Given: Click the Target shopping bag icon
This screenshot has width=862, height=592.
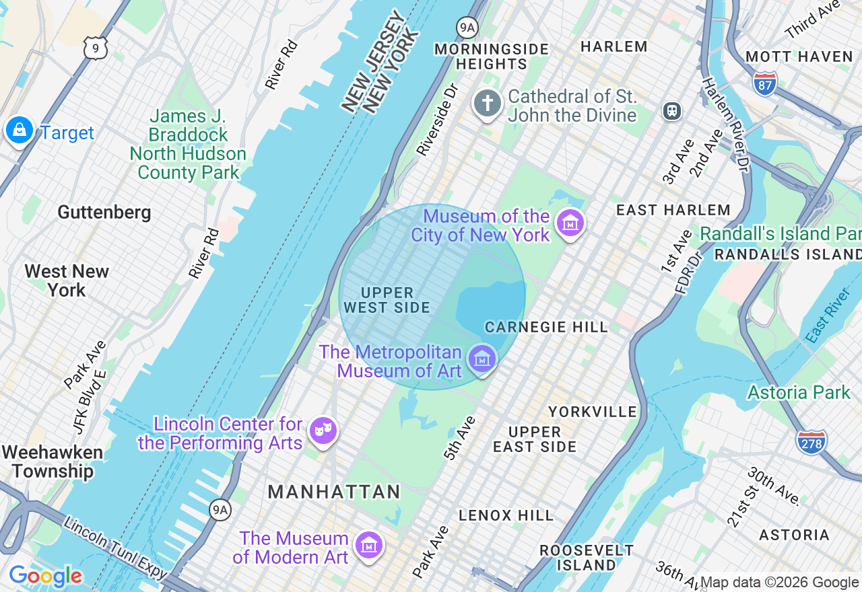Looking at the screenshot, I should (x=19, y=130).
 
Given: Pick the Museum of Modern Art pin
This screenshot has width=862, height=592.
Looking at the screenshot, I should (x=368, y=546).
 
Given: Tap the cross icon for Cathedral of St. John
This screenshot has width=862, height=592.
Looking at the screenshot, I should (x=488, y=104).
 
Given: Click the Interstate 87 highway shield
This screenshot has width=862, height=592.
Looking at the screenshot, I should (x=765, y=82).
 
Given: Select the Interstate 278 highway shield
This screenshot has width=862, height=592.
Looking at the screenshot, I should (x=811, y=442).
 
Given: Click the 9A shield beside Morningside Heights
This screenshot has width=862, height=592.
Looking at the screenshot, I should (x=466, y=27).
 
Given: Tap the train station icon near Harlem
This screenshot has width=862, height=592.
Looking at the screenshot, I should (x=671, y=111).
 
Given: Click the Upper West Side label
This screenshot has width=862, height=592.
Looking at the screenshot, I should (x=387, y=300).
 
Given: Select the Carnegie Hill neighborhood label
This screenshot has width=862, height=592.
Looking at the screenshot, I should (x=546, y=327).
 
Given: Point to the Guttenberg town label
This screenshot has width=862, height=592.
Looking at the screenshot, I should (x=104, y=213).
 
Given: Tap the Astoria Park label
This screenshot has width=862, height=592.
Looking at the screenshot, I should (x=799, y=392).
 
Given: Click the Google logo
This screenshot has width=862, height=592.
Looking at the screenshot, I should (x=45, y=576).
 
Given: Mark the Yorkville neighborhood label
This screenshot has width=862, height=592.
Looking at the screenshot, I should (x=592, y=411).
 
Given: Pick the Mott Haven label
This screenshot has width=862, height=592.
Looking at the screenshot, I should (x=799, y=57).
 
